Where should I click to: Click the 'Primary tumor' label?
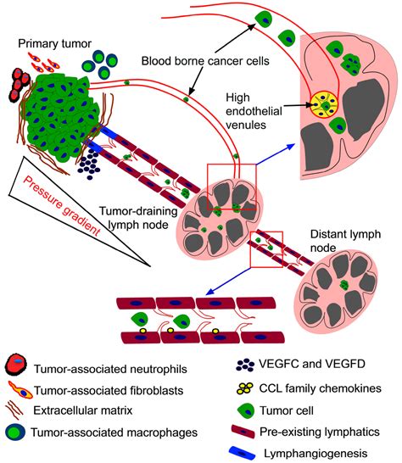54,44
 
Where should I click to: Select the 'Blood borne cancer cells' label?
205,61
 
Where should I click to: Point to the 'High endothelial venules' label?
254,111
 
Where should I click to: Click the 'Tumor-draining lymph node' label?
138,218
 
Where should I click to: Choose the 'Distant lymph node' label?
345,241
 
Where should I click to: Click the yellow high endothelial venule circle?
324,104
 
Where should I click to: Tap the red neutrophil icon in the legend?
16,368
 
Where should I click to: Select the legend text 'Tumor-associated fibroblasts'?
109,390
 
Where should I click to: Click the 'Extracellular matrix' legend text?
83,410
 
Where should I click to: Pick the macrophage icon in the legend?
15,432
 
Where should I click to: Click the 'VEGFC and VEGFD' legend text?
312,364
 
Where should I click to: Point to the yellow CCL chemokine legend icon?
245,388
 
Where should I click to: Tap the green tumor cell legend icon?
246,410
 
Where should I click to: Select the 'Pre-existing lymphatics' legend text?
320,432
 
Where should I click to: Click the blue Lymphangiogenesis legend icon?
243,453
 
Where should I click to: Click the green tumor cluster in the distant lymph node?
344,285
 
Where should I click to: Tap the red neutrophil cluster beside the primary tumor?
20,85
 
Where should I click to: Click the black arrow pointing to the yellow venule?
298,105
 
